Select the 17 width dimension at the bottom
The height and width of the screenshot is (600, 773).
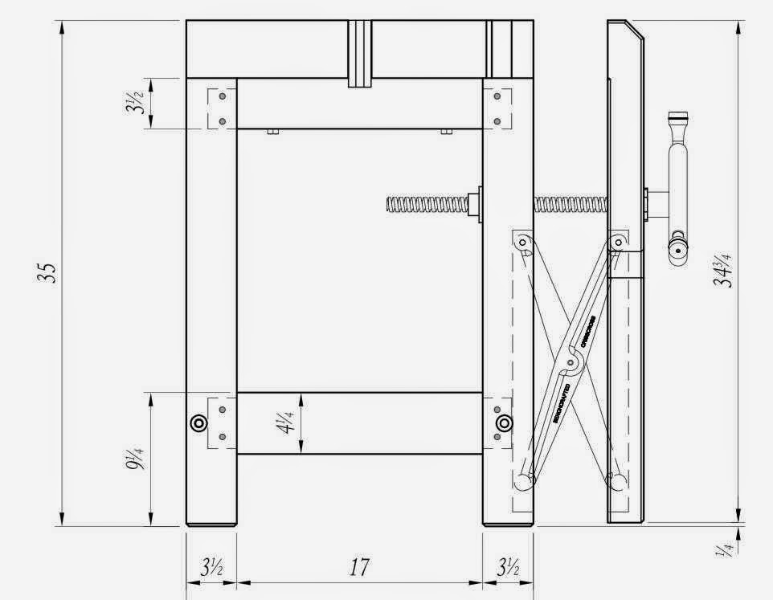(359, 567)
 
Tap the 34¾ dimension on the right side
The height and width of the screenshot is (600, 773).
(726, 269)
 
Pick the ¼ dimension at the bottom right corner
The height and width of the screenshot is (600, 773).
(727, 549)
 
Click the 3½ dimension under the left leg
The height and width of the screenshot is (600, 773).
(211, 567)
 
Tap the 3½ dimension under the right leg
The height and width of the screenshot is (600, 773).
(507, 567)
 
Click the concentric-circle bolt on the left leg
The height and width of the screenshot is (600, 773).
(197, 424)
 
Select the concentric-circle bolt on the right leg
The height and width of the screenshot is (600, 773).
(504, 423)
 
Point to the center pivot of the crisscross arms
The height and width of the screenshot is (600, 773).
(571, 365)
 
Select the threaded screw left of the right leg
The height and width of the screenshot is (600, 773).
(430, 205)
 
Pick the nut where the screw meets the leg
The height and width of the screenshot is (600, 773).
(478, 203)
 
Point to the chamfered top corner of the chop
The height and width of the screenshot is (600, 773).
(635, 30)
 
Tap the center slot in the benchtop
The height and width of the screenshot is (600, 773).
(360, 52)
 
